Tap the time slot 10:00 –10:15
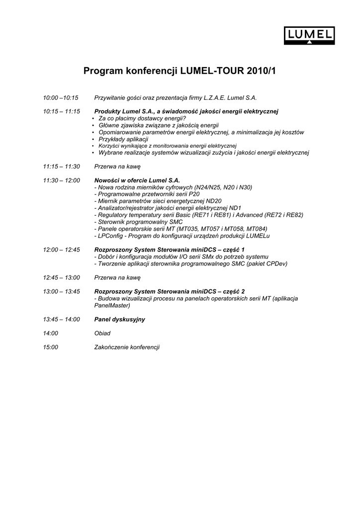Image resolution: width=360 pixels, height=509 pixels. pos(61,98)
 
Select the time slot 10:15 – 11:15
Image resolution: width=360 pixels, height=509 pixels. pos(61,111)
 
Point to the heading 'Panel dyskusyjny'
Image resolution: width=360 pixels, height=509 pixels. pos(119,320)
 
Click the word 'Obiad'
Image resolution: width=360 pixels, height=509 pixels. pos(102,334)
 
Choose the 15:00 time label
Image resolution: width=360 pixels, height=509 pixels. pos(50,347)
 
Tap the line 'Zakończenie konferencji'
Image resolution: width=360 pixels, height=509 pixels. pos(127,347)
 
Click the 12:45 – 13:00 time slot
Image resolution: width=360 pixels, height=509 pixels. pos(61,278)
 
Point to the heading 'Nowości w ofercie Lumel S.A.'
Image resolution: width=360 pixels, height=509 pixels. pos(137,180)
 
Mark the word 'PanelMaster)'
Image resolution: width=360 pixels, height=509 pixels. pos(112,306)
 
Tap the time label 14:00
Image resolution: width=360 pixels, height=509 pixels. pos(50,334)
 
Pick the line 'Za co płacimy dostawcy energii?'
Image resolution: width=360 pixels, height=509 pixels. pos(142,119)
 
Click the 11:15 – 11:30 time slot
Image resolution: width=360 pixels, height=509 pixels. pos(61,167)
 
